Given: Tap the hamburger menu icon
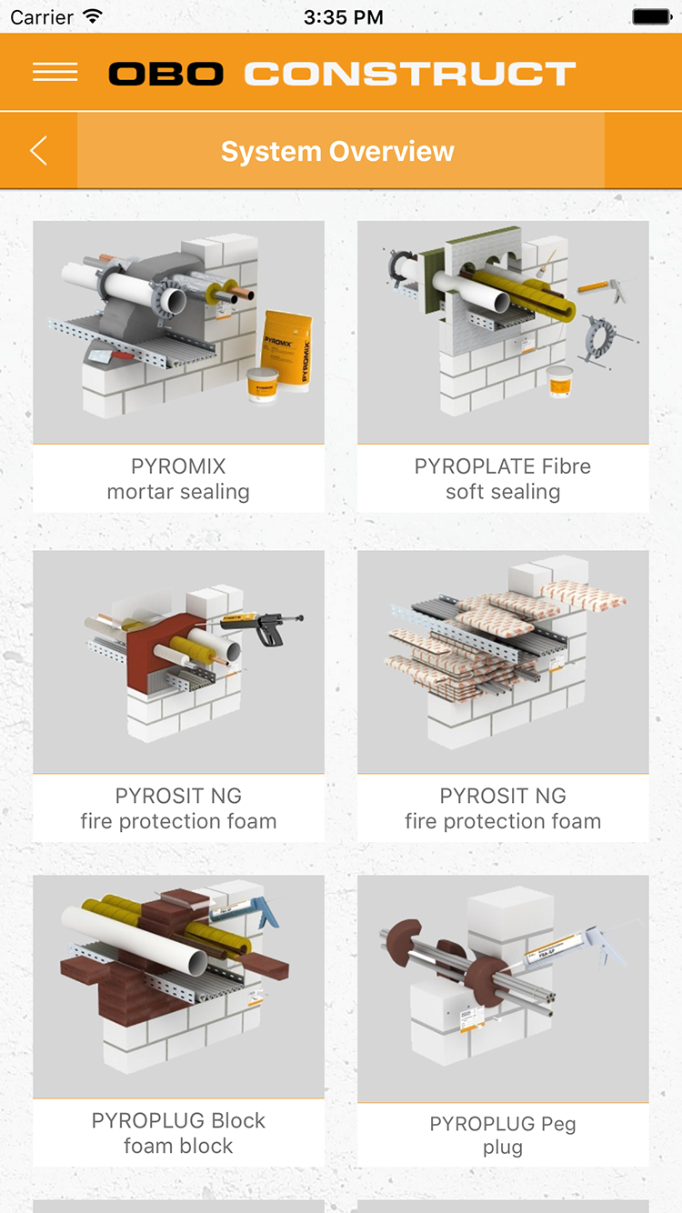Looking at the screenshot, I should tap(55, 73).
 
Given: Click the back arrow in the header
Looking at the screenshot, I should tap(38, 151).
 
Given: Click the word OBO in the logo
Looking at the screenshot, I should tap(165, 74).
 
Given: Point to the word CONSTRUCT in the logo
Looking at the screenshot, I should tap(410, 74).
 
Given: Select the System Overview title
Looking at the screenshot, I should tap(337, 152).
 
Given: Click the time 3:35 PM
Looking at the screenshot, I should tap(343, 17).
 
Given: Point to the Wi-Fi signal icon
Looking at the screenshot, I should tap(92, 17).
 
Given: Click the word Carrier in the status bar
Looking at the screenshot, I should tap(41, 17).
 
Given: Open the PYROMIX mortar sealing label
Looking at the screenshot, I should tap(178, 479).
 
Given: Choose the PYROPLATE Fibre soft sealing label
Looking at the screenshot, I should tap(503, 479).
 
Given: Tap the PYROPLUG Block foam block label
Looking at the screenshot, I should tap(178, 1133).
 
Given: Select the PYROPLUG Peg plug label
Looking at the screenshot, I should tap(503, 1136).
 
